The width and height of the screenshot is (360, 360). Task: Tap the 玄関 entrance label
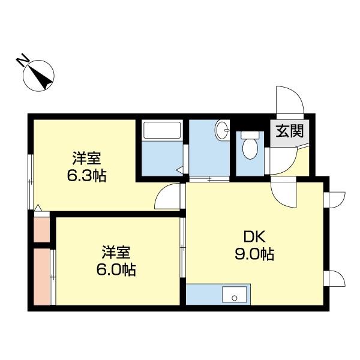point(289,131)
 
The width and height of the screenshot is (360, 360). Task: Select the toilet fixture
point(249,144)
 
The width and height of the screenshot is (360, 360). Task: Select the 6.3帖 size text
point(87,177)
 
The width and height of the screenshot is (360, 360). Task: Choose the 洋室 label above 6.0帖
point(116,252)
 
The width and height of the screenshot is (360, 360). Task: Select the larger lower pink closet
point(41,276)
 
